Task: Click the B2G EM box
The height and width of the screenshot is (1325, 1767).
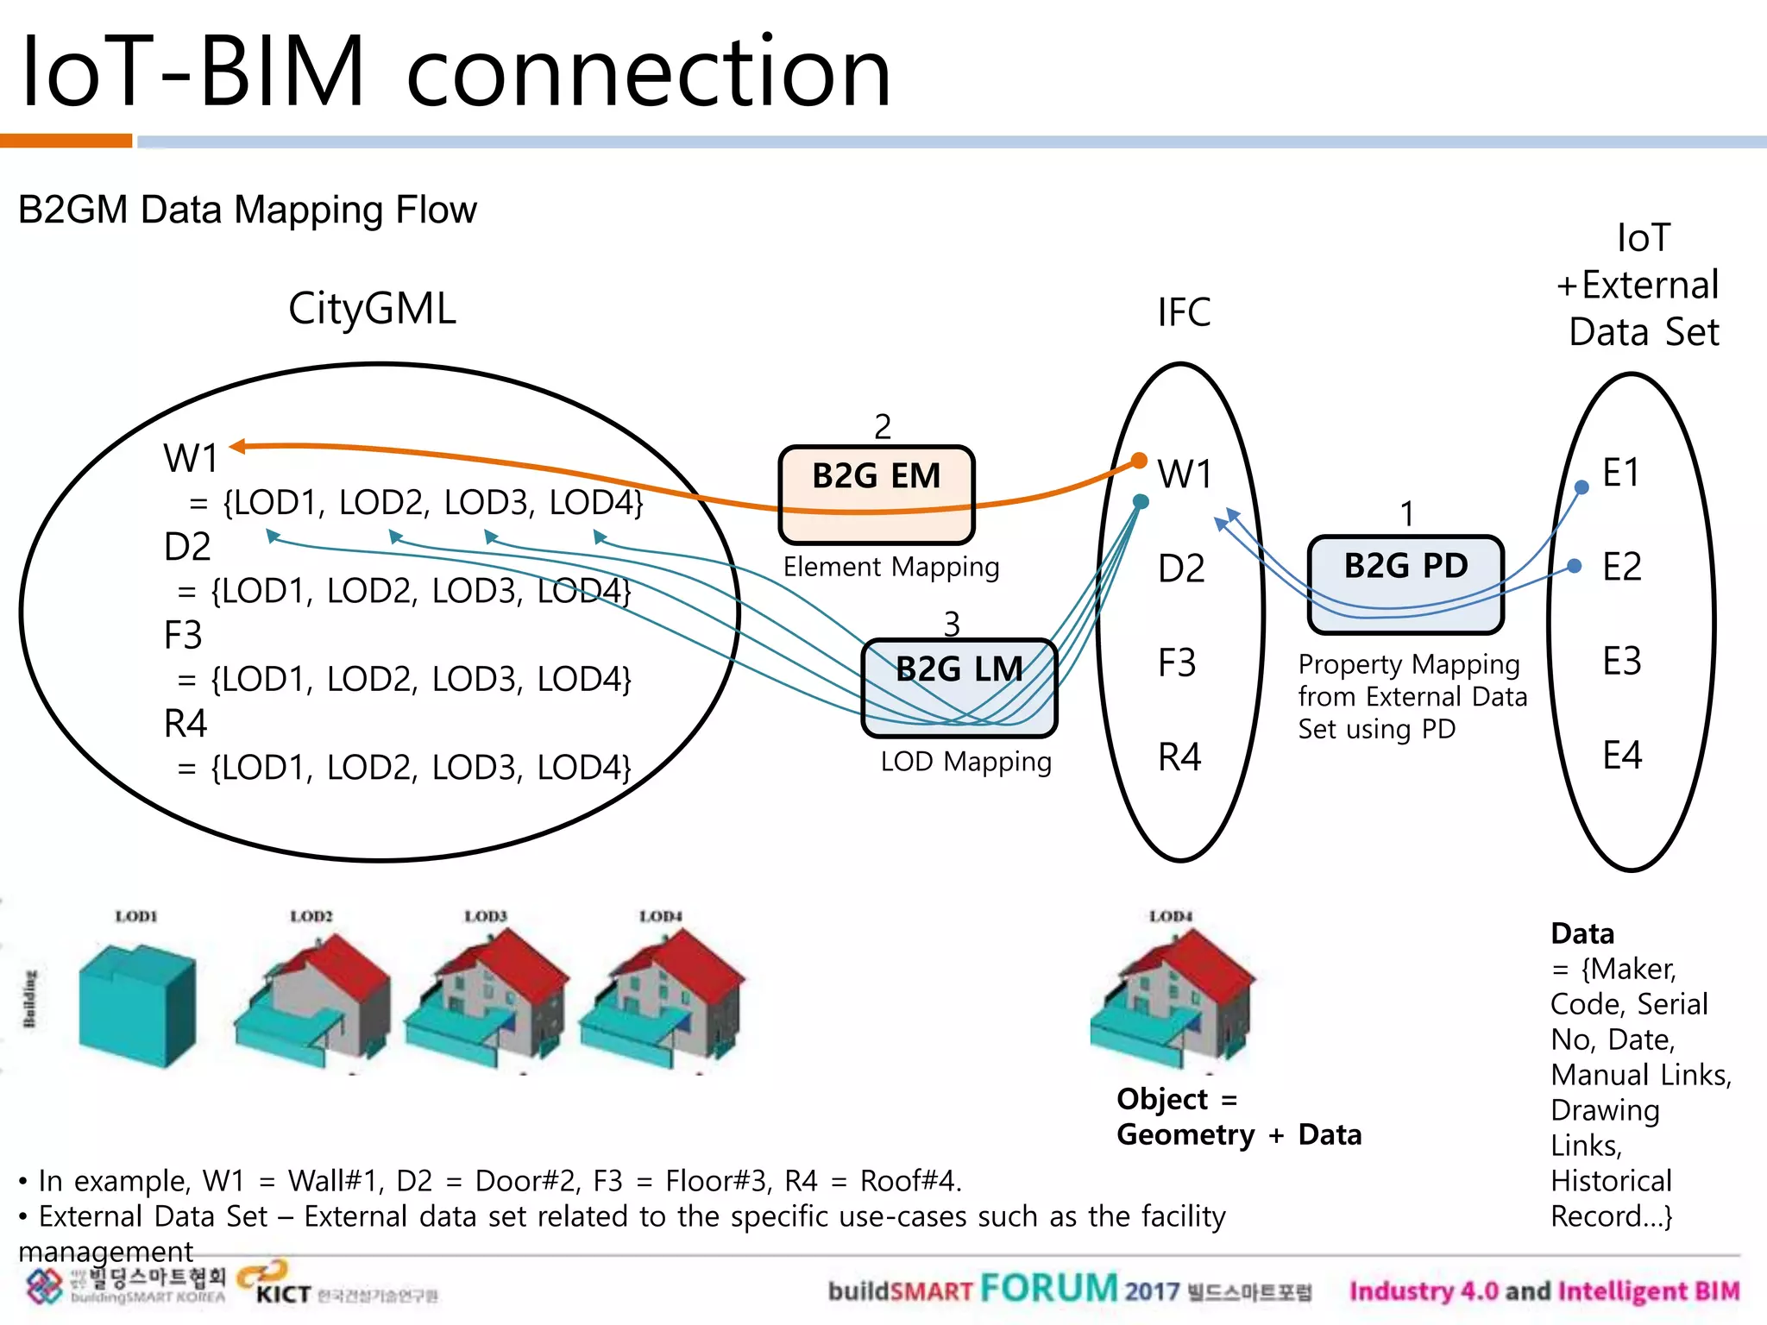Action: [876, 494]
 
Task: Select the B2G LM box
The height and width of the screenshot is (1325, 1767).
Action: [959, 688]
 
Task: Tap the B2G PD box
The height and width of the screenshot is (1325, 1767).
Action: [1405, 584]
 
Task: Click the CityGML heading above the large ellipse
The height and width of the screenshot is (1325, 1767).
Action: [372, 309]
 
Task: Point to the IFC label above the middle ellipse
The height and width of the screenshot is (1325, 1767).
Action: [1184, 312]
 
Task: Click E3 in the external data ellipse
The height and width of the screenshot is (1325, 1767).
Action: [1621, 662]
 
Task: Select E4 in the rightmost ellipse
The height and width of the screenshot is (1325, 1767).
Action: [1621, 756]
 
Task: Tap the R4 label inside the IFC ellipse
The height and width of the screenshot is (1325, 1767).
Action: [1179, 757]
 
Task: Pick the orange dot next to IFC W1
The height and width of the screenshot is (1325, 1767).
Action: [1139, 461]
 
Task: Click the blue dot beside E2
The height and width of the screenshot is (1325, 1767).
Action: [1575, 566]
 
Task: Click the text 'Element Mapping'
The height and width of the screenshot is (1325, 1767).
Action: [891, 567]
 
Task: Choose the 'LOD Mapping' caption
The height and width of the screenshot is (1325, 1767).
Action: [965, 762]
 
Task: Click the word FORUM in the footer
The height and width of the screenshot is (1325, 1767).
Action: [1048, 1288]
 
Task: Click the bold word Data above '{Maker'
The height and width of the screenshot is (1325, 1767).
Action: [1581, 933]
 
